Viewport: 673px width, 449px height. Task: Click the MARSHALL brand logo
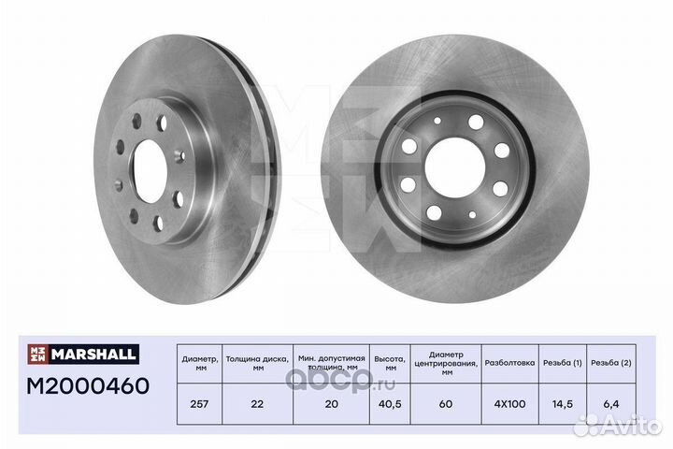83,354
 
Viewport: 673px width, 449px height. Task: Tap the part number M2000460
88,385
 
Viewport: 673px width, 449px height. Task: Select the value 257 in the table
199,404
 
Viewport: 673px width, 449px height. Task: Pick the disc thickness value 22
257,404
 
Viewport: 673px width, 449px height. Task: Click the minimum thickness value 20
331,404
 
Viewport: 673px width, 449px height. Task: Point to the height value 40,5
390,404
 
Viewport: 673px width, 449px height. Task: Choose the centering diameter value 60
446,404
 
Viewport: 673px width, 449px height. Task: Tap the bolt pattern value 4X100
510,404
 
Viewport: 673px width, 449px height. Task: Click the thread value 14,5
563,404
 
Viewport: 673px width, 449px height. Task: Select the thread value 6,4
610,404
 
